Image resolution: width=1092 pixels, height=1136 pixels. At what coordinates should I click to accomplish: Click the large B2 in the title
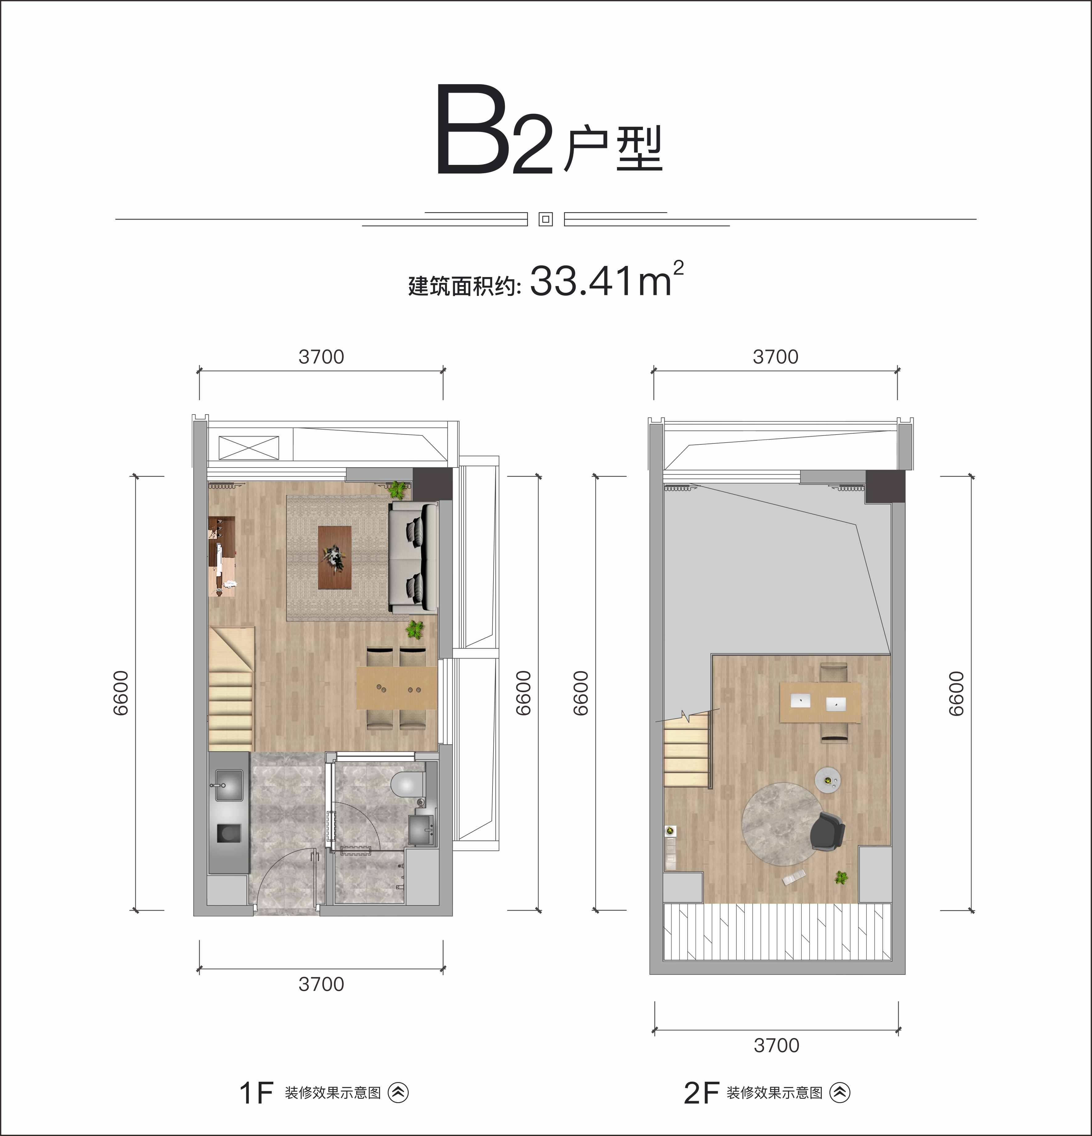coord(494,130)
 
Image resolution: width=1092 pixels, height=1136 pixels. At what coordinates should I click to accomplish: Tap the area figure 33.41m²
coord(606,279)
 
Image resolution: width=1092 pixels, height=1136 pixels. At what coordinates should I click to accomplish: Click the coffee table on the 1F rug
coord(335,557)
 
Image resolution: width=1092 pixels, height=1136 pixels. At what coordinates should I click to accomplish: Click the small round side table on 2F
coord(828,779)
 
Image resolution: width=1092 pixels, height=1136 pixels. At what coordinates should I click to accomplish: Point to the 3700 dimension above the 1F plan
coord(321,357)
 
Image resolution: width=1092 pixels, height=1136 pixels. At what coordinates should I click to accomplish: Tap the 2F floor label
coord(701,1093)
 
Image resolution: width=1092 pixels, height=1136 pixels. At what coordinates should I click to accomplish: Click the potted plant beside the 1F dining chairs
coord(415,629)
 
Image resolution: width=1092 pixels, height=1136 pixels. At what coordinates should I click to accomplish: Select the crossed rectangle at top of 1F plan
coord(249,448)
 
